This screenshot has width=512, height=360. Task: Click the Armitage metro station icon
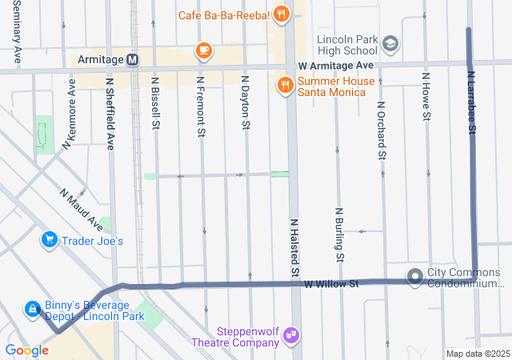tap(132, 60)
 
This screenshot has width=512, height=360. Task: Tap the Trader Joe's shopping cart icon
tap(50, 240)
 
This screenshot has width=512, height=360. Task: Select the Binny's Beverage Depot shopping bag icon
tap(31, 308)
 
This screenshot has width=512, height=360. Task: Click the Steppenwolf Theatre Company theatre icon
tap(291, 334)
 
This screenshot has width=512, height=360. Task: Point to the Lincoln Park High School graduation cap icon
tap(390, 42)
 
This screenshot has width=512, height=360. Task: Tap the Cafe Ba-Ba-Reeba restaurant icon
tap(281, 13)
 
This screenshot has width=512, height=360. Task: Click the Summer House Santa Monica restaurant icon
tap(284, 85)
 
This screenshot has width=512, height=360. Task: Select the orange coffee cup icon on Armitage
tap(204, 52)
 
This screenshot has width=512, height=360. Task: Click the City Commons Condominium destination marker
tap(415, 277)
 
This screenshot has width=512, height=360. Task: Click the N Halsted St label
tap(294, 243)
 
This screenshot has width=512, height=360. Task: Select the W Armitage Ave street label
tap(335, 65)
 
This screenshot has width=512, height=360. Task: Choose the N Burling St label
tap(339, 234)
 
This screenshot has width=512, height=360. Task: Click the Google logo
tap(26, 350)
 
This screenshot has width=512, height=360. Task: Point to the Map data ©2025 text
tap(477, 354)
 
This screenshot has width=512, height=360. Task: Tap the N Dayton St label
tap(246, 103)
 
